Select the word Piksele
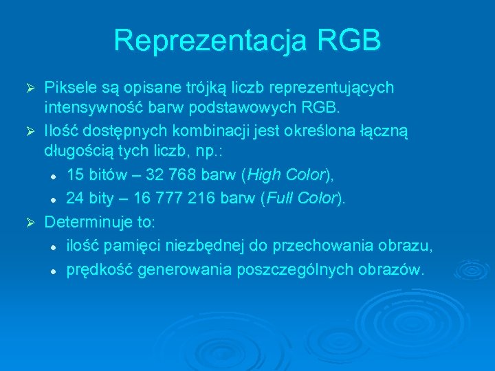[x=70, y=89]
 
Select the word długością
[x=75, y=150]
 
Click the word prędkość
[x=100, y=270]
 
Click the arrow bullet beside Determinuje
[x=30, y=223]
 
